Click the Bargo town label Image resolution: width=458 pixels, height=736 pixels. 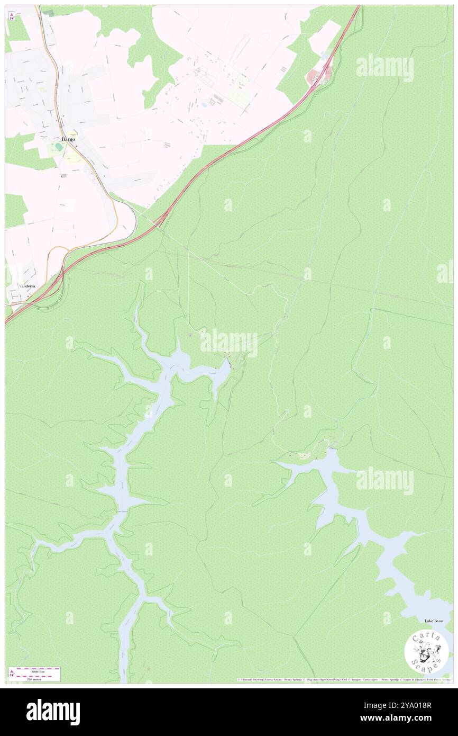tap(68, 139)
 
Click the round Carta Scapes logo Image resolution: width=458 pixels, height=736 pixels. tap(426, 652)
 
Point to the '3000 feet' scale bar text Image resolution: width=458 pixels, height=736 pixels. tap(38, 671)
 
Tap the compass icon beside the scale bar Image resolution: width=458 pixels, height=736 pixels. tap(12, 674)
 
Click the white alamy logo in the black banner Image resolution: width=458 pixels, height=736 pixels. tap(53, 712)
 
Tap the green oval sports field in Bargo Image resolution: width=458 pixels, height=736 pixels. tap(58, 147)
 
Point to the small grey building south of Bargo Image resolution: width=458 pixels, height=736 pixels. tap(63, 175)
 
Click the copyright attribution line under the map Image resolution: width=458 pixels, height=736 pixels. tap(344, 679)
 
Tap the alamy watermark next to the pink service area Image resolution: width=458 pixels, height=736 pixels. tap(384, 67)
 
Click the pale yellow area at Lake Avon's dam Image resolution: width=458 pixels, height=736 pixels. tap(303, 455)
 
